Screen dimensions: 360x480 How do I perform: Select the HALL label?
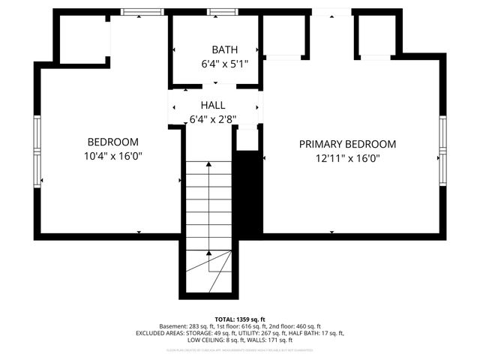(x=212, y=106)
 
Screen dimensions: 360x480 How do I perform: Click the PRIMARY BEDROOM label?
(x=347, y=144)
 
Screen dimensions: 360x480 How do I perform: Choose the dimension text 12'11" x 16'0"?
(x=347, y=158)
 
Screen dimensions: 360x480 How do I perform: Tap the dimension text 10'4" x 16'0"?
(x=112, y=156)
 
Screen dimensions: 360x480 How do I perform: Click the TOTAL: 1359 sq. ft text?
(x=240, y=319)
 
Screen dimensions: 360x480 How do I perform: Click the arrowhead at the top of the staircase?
(x=209, y=163)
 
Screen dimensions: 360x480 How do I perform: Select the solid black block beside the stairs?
(x=248, y=191)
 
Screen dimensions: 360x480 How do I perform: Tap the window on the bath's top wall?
(x=218, y=12)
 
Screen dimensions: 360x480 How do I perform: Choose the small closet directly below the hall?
(x=247, y=139)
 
